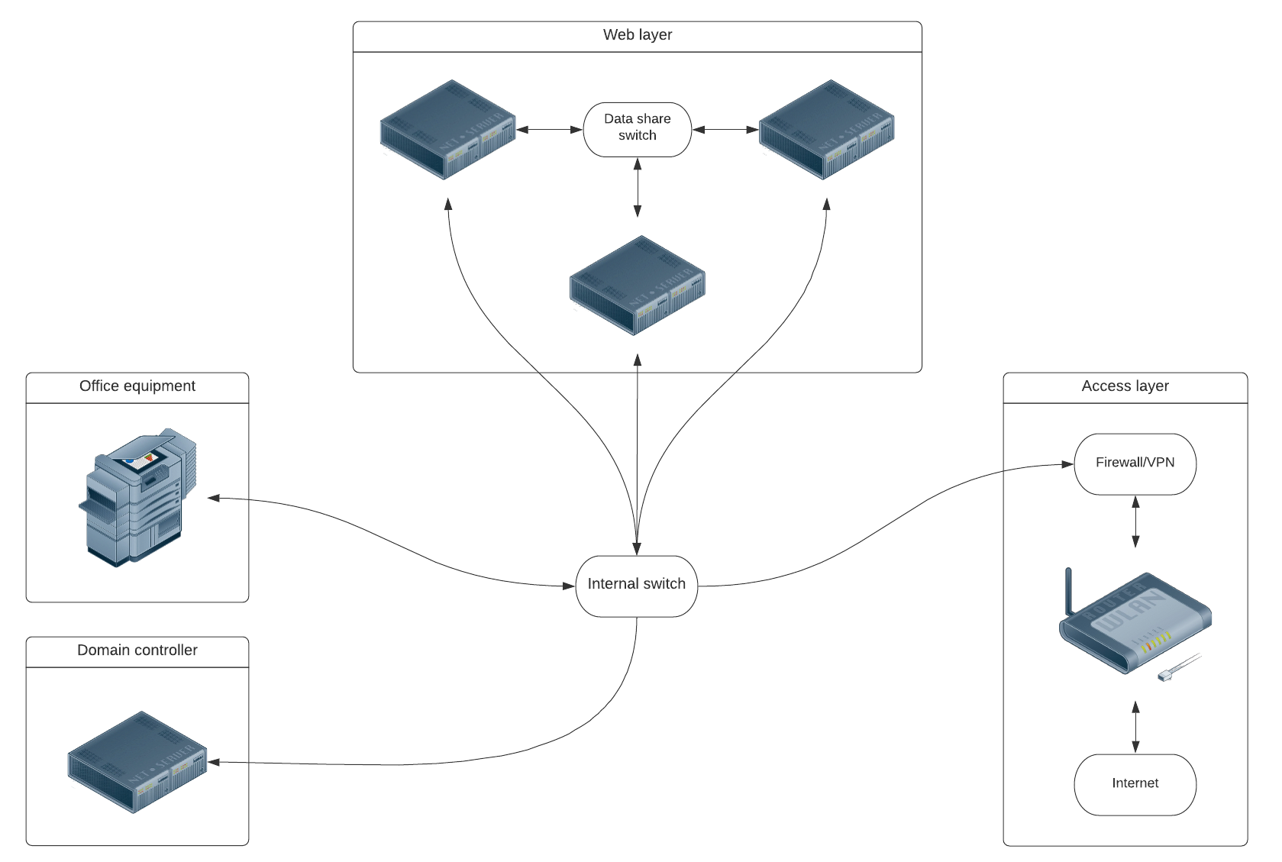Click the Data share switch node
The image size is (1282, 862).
coord(637,129)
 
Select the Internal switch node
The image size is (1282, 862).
coord(636,585)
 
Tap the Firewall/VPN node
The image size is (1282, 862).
coord(1135,463)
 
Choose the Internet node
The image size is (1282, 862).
coord(1135,783)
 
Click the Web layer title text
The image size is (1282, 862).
coord(637,35)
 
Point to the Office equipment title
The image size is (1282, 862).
coord(137,386)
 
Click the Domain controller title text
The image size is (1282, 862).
coord(137,651)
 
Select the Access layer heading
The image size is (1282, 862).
coord(1125,386)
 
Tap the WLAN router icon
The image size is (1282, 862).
coord(1135,623)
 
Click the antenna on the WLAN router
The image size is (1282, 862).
coord(1069,589)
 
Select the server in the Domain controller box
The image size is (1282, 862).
coord(137,761)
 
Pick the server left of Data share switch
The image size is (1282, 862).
coord(448,129)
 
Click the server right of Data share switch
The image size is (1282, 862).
coord(826,129)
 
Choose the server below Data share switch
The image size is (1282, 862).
coord(637,285)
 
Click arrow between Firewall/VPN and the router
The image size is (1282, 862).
coord(1135,521)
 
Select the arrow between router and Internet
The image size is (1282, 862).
coord(1135,726)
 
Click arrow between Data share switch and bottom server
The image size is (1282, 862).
coord(637,188)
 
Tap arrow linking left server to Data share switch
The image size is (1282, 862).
coord(550,130)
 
